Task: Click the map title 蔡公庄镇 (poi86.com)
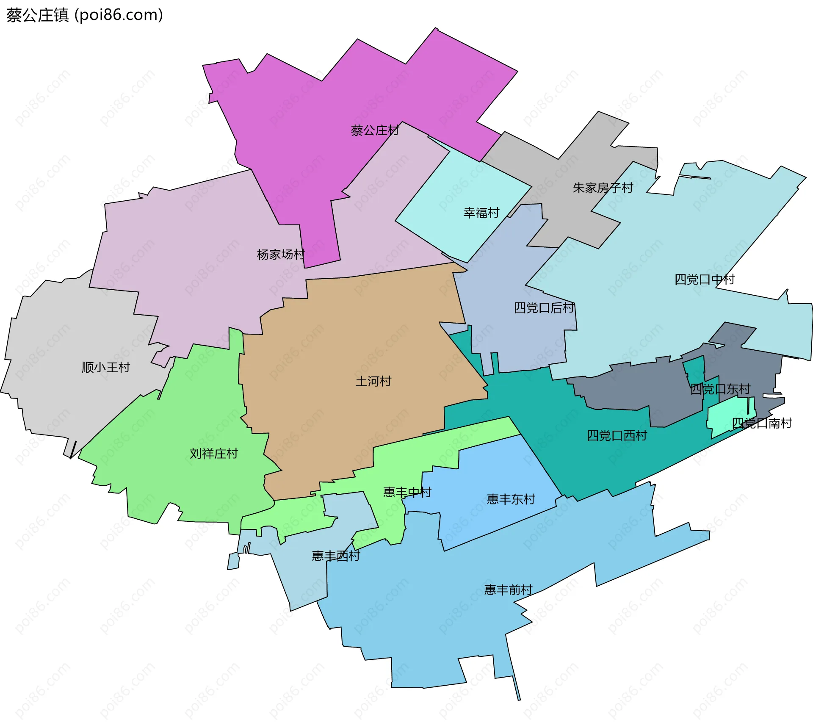tap(85, 15)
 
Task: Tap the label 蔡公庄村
tap(375, 130)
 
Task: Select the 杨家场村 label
tap(281, 255)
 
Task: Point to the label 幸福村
tap(481, 213)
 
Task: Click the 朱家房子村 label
tap(603, 188)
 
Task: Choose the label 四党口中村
tap(704, 280)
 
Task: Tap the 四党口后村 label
tap(544, 308)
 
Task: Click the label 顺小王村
tap(105, 367)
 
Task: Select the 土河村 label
tap(373, 382)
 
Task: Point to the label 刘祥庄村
tap(214, 454)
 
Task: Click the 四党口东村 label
tap(720, 389)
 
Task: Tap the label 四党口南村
tap(762, 423)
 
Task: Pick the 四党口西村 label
tap(617, 436)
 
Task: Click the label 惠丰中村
tap(407, 492)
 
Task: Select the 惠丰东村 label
tap(511, 499)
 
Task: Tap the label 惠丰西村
tap(336, 556)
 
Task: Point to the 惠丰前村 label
tap(508, 590)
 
